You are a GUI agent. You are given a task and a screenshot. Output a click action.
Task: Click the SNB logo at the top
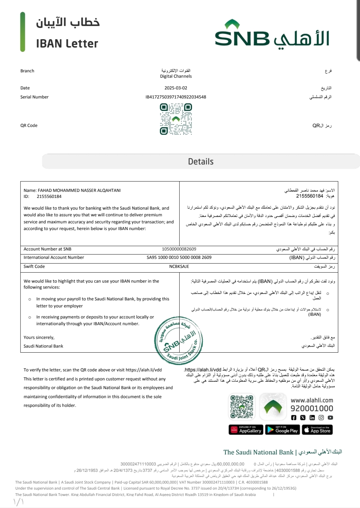coord(272,34)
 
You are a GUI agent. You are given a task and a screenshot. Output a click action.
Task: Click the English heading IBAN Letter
coord(67,44)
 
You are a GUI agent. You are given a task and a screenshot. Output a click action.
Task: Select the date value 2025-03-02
coord(176,88)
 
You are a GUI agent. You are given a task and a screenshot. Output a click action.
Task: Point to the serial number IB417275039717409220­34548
coord(176,97)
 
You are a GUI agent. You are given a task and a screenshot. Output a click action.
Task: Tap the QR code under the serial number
coord(176,119)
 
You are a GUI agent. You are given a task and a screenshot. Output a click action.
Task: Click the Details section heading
coord(201,162)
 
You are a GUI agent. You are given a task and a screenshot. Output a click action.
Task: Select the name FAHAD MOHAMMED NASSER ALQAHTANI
coord(79,191)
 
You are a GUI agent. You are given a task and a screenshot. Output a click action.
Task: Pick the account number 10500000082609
coord(179,249)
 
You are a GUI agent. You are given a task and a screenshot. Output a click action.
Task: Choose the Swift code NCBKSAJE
coord(179,267)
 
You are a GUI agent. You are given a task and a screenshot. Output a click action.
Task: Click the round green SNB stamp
coord(178,340)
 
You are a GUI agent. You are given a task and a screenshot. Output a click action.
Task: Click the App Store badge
coord(317,430)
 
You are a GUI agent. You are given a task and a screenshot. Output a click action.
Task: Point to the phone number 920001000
coord(312,409)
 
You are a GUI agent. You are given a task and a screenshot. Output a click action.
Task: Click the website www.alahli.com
coord(312,400)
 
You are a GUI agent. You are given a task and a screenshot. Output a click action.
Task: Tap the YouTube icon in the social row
coord(330,418)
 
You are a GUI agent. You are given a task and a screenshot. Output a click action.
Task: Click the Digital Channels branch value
coord(176,76)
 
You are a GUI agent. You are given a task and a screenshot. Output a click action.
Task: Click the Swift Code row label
coord(34,267)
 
